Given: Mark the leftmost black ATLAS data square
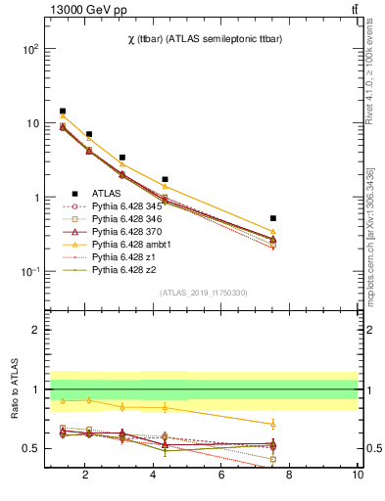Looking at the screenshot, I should pyautogui.click(x=63, y=112).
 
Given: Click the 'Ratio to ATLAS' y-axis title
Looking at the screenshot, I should pyautogui.click(x=14, y=389).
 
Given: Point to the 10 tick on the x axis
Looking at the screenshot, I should pyautogui.click(x=359, y=476).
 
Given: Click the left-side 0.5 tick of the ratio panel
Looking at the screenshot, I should pyautogui.click(x=30, y=448).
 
